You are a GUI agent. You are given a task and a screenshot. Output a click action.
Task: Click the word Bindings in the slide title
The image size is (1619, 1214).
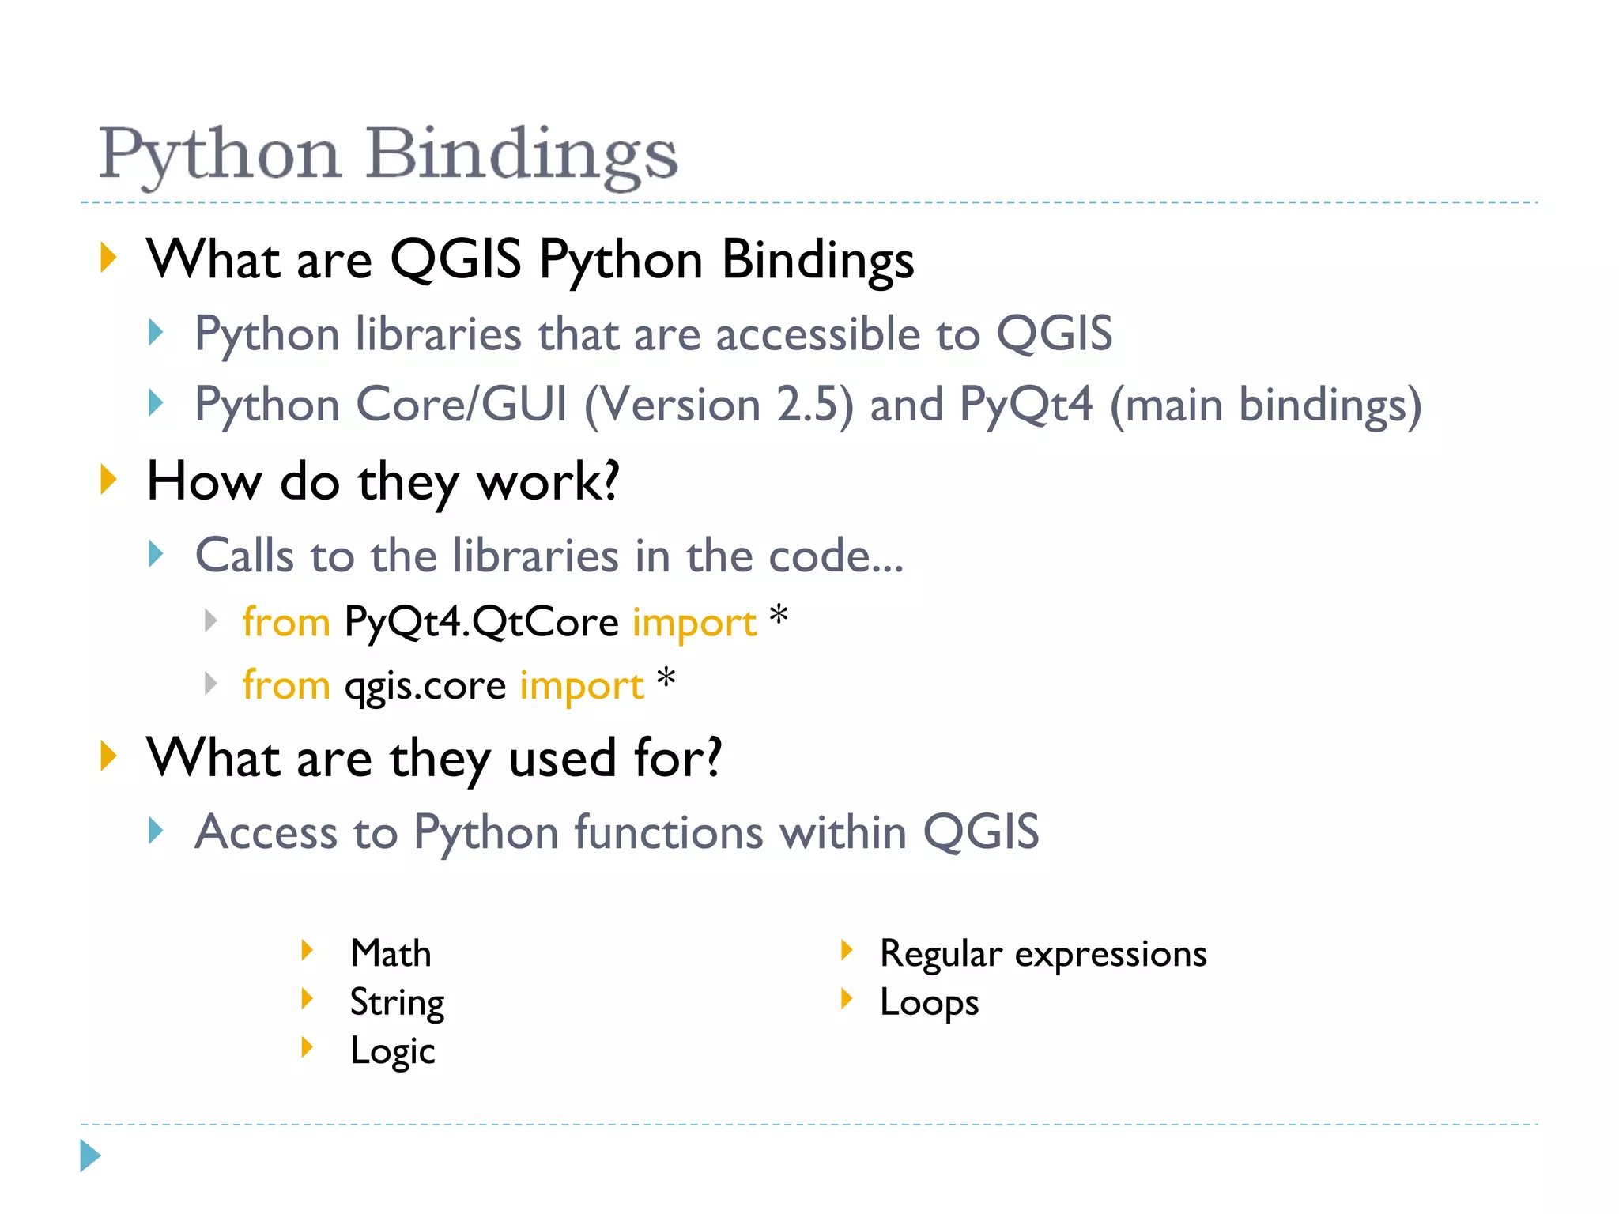click(x=522, y=154)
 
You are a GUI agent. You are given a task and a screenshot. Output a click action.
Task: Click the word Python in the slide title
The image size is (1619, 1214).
click(x=220, y=154)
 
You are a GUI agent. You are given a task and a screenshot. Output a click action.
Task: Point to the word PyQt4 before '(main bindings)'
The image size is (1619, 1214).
click(x=1026, y=405)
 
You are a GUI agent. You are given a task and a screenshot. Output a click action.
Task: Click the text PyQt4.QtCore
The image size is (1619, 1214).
click(x=481, y=622)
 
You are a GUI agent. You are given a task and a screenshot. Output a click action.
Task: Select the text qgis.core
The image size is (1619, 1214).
click(x=425, y=685)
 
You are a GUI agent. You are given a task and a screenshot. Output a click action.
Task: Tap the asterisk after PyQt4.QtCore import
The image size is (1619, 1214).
click(x=779, y=615)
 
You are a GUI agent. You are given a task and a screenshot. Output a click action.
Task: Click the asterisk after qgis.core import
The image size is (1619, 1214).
click(x=666, y=678)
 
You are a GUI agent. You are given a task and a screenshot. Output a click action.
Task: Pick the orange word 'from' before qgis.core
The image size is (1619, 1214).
click(x=286, y=685)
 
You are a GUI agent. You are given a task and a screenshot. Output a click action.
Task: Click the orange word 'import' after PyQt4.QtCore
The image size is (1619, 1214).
click(x=694, y=622)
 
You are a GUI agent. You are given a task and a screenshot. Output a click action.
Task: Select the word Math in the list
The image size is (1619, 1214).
click(x=391, y=953)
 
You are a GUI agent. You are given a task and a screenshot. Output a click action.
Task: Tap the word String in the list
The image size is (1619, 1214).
click(x=397, y=1002)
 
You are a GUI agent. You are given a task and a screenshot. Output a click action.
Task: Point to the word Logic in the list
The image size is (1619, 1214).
click(x=392, y=1051)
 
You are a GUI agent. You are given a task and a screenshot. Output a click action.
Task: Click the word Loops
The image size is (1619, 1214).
click(x=929, y=1002)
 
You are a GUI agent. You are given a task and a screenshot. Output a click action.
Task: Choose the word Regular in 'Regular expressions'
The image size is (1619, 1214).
click(x=940, y=953)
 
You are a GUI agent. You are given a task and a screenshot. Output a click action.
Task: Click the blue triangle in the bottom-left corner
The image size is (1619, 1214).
click(x=90, y=1156)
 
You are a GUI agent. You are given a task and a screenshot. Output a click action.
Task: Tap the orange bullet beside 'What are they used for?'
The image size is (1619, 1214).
click(x=109, y=756)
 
